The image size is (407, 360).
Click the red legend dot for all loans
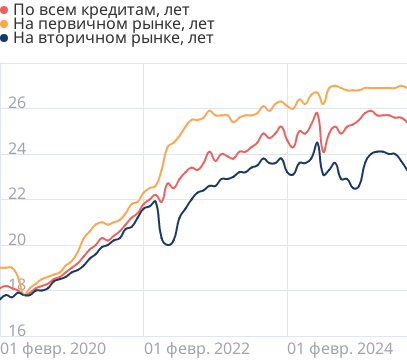pos(6,9)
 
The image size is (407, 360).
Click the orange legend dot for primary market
pos(6,24)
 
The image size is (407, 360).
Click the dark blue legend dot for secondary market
pos(6,39)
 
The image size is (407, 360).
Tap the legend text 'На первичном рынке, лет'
pos(102,24)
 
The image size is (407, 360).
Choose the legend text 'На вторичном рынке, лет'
pos(102,39)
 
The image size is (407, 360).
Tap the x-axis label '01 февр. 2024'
pos(339,349)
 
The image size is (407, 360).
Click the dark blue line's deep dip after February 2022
pos(168,244)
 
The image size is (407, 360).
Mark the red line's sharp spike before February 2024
pos(318,113)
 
